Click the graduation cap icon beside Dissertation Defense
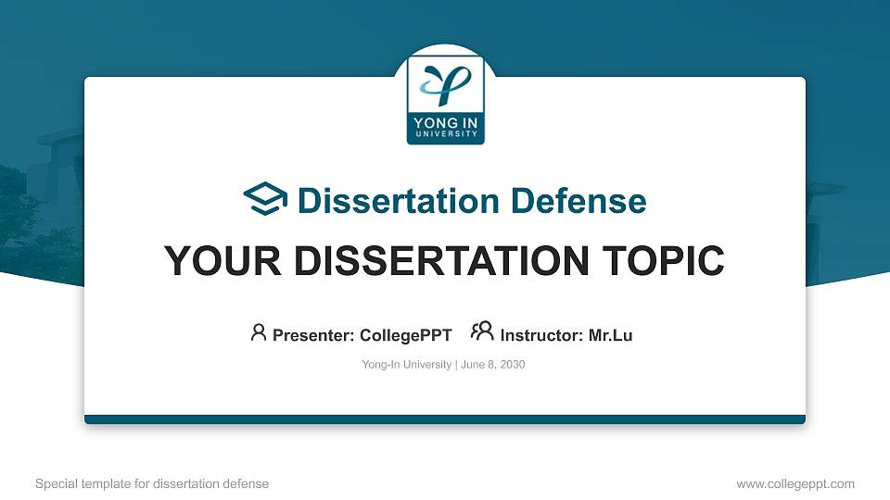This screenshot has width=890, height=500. (265, 199)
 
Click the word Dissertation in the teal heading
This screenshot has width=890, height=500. (399, 201)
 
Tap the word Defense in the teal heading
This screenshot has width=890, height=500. (578, 201)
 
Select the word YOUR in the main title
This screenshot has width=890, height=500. (222, 261)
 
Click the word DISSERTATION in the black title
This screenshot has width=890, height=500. (441, 261)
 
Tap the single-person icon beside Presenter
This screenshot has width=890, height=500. (259, 332)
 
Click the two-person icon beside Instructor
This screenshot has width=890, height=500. (482, 331)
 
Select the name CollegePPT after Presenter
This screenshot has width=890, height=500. (406, 335)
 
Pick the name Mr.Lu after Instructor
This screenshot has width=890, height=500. (610, 335)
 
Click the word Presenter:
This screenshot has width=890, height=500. (313, 335)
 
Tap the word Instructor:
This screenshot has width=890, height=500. (541, 335)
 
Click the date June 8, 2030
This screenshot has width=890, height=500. (492, 365)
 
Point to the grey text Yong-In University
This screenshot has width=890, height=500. (406, 365)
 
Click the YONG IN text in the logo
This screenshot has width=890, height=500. (446, 122)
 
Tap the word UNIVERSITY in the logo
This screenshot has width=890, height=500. (446, 133)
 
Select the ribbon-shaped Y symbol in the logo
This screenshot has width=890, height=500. (446, 85)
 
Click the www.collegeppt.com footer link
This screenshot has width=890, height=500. (795, 484)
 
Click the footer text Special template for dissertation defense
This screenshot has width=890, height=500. (152, 484)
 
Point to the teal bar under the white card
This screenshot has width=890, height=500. (445, 419)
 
